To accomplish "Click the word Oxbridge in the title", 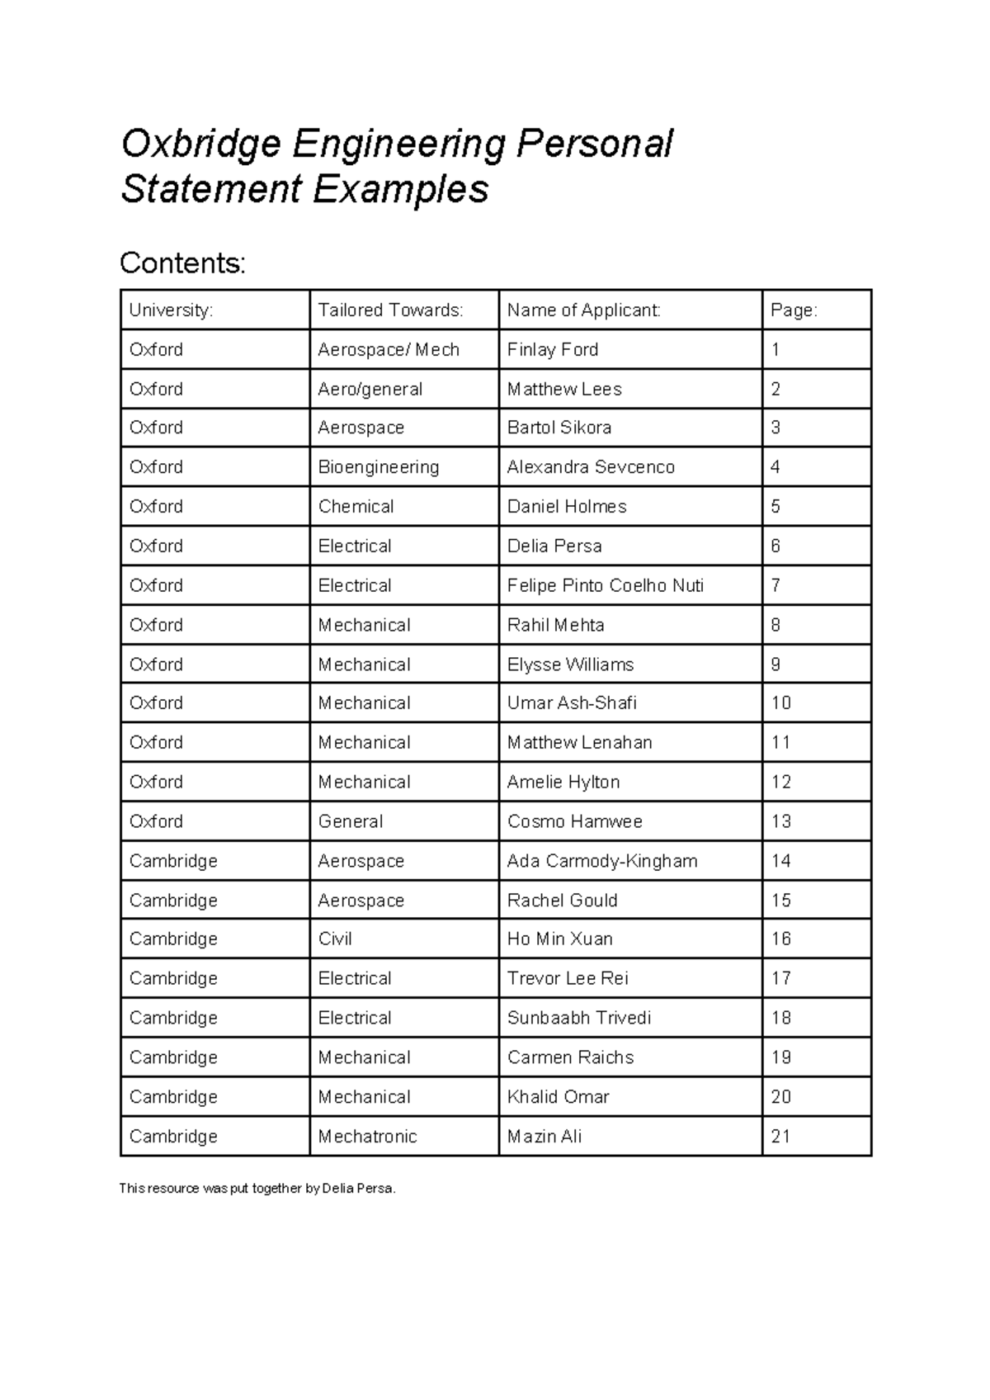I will [200, 145].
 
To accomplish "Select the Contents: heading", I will [182, 263].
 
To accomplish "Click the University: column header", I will [171, 310].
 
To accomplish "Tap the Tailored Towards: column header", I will [390, 310].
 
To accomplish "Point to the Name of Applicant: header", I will [583, 310].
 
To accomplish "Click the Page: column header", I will [794, 310].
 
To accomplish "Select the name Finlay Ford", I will [552, 350].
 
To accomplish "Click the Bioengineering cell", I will [378, 467].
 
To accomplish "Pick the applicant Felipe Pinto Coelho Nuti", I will [605, 586].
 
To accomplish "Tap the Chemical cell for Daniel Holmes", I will [356, 507].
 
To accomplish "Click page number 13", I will [780, 822].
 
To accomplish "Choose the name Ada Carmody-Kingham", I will [601, 861].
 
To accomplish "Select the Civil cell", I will [335, 939].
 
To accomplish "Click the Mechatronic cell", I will [367, 1137].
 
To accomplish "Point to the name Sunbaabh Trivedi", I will [578, 1018].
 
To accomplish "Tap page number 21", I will [780, 1137].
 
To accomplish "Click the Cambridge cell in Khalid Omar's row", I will [173, 1097].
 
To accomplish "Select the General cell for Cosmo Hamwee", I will [350, 822].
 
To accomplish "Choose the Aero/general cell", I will [370, 390].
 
